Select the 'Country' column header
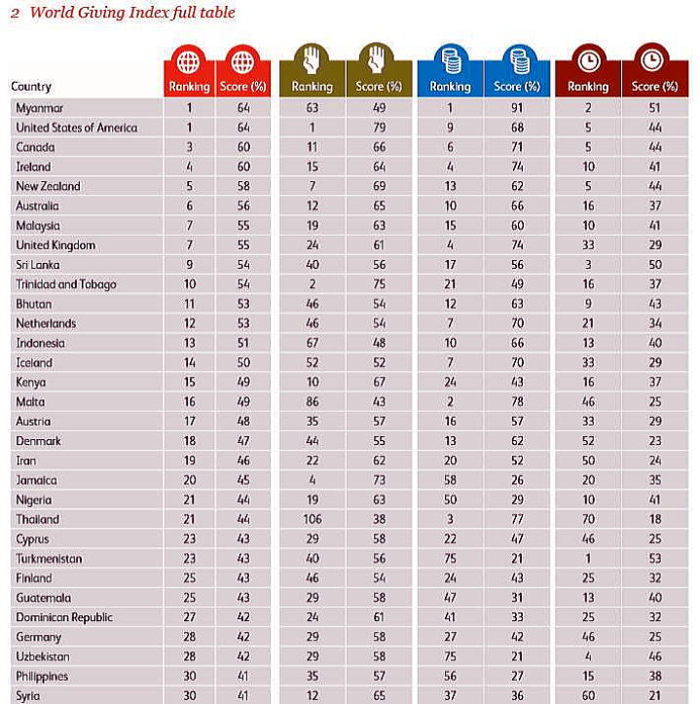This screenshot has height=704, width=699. (31, 87)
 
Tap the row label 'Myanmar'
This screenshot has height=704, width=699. (40, 108)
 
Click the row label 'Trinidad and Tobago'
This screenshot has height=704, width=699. (65, 284)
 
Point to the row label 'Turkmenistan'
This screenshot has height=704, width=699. (49, 559)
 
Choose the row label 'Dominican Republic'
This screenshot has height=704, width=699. (64, 617)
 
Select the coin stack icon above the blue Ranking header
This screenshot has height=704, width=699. (450, 62)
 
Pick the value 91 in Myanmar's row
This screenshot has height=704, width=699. (517, 108)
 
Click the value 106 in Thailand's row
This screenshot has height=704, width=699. (312, 519)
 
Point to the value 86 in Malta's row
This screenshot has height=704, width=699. (312, 402)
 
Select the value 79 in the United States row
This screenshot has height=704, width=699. (379, 128)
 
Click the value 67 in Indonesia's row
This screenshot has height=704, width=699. (312, 343)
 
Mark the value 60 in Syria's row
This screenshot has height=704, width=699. (587, 696)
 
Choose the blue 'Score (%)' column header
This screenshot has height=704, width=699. (517, 87)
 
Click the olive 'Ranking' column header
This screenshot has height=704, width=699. (312, 87)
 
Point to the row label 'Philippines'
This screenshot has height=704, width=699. (43, 677)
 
